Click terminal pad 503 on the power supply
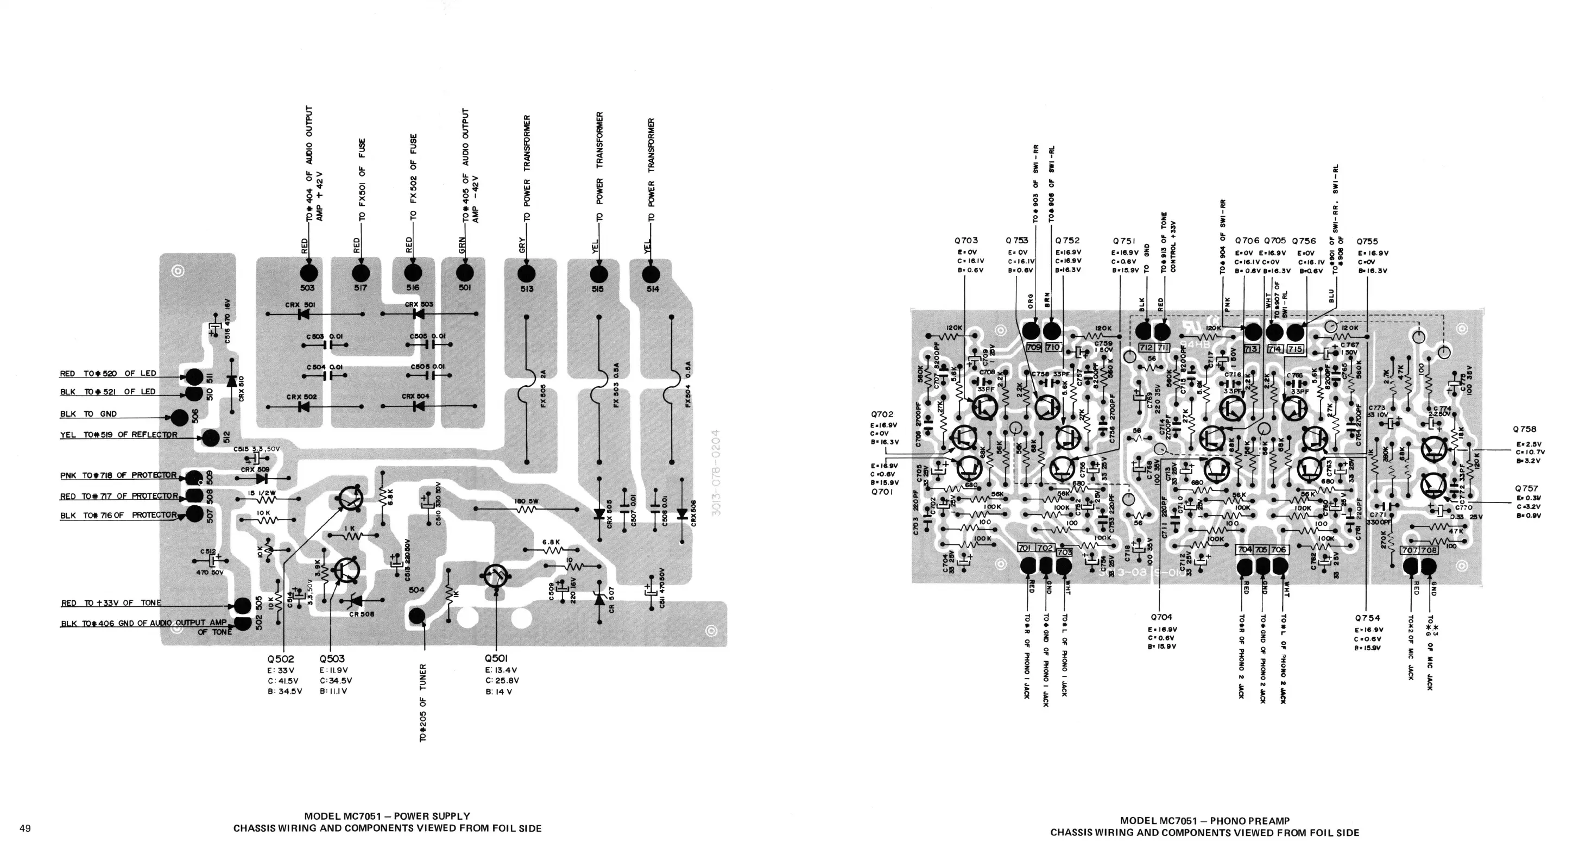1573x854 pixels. pos(308,274)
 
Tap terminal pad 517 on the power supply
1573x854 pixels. pos(361,274)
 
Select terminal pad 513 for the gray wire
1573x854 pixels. pos(526,274)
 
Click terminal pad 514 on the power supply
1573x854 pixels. pos(651,274)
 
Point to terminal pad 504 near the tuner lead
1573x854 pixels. pos(417,616)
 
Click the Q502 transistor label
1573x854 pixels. pos(281,659)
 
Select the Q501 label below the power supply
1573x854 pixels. pos(496,658)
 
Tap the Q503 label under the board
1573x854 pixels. pos(332,659)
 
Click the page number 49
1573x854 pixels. pos(25,828)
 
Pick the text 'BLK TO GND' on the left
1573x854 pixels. pos(89,414)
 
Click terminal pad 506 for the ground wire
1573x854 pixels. pos(179,418)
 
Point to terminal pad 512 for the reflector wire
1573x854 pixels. pos(211,437)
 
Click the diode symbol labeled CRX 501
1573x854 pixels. pos(302,315)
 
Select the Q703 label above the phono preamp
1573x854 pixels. pos(966,241)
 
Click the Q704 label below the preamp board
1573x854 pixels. pos(1161,618)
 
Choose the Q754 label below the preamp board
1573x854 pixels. pos(1367,618)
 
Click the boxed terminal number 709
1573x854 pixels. pos(1034,348)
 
